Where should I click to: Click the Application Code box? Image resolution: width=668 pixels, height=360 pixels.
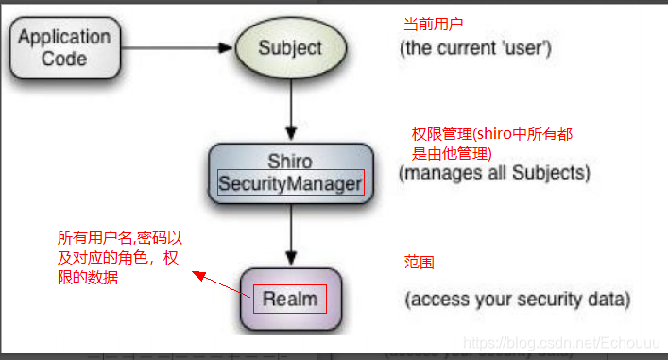(64, 47)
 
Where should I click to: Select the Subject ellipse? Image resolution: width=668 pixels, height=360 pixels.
(290, 47)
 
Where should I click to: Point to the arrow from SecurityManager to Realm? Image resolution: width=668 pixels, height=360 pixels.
(290, 236)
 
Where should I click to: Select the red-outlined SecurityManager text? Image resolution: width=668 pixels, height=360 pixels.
(290, 182)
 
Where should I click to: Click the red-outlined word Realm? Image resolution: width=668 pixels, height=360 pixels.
(290, 300)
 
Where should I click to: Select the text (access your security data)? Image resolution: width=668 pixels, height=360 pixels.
(516, 300)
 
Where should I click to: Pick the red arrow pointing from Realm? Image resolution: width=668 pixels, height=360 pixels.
(223, 286)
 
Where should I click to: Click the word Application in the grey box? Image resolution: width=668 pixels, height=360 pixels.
(64, 38)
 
